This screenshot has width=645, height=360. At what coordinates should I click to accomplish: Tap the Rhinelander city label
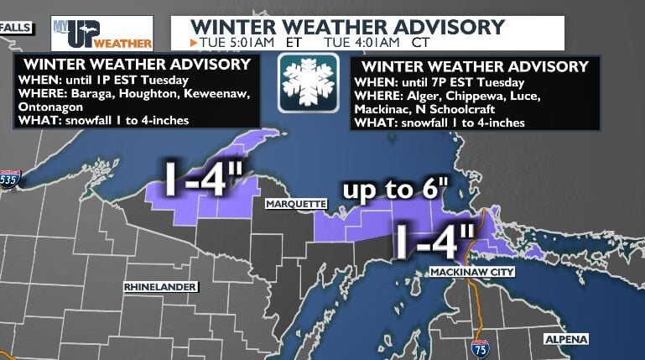[x=159, y=287]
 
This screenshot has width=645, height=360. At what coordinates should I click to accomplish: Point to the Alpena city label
[x=566, y=339]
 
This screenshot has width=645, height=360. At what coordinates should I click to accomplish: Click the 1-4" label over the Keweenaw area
[x=203, y=181]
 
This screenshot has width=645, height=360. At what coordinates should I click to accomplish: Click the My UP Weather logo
[x=101, y=32]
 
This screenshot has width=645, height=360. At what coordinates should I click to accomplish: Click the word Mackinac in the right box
[x=382, y=109]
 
